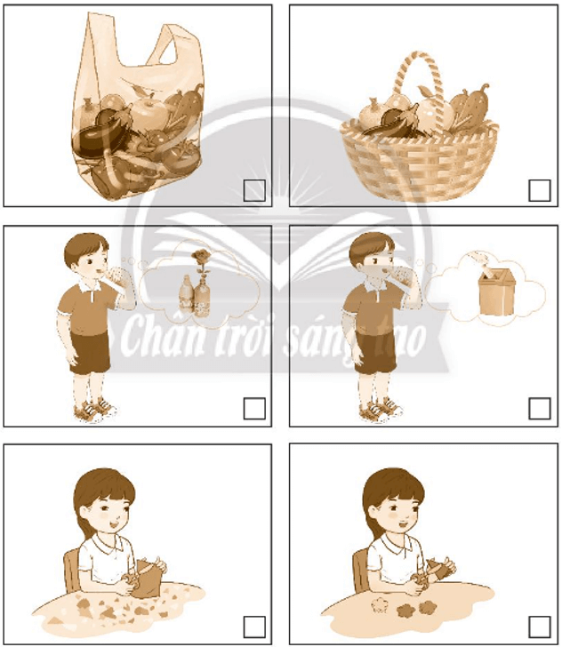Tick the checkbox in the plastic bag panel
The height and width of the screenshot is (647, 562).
pyautogui.click(x=254, y=190)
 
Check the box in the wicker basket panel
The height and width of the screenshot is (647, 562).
pyautogui.click(x=540, y=190)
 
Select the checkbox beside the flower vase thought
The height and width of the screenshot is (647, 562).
pyautogui.click(x=254, y=408)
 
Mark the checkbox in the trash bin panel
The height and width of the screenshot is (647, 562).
pyautogui.click(x=540, y=408)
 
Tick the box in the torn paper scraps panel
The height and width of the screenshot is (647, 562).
pyautogui.click(x=254, y=627)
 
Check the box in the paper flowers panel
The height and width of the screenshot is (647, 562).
pyautogui.click(x=540, y=627)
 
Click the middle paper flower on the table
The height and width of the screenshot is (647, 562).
pyautogui.click(x=406, y=610)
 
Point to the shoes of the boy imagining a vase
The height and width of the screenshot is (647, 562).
pyautogui.click(x=94, y=410)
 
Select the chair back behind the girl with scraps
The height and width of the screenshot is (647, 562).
pyautogui.click(x=72, y=571)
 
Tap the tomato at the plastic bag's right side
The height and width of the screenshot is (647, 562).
pyautogui.click(x=181, y=156)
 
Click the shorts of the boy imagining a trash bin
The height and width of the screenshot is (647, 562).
pyautogui.click(x=376, y=352)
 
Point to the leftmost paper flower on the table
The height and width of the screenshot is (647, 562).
pyautogui.click(x=380, y=605)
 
